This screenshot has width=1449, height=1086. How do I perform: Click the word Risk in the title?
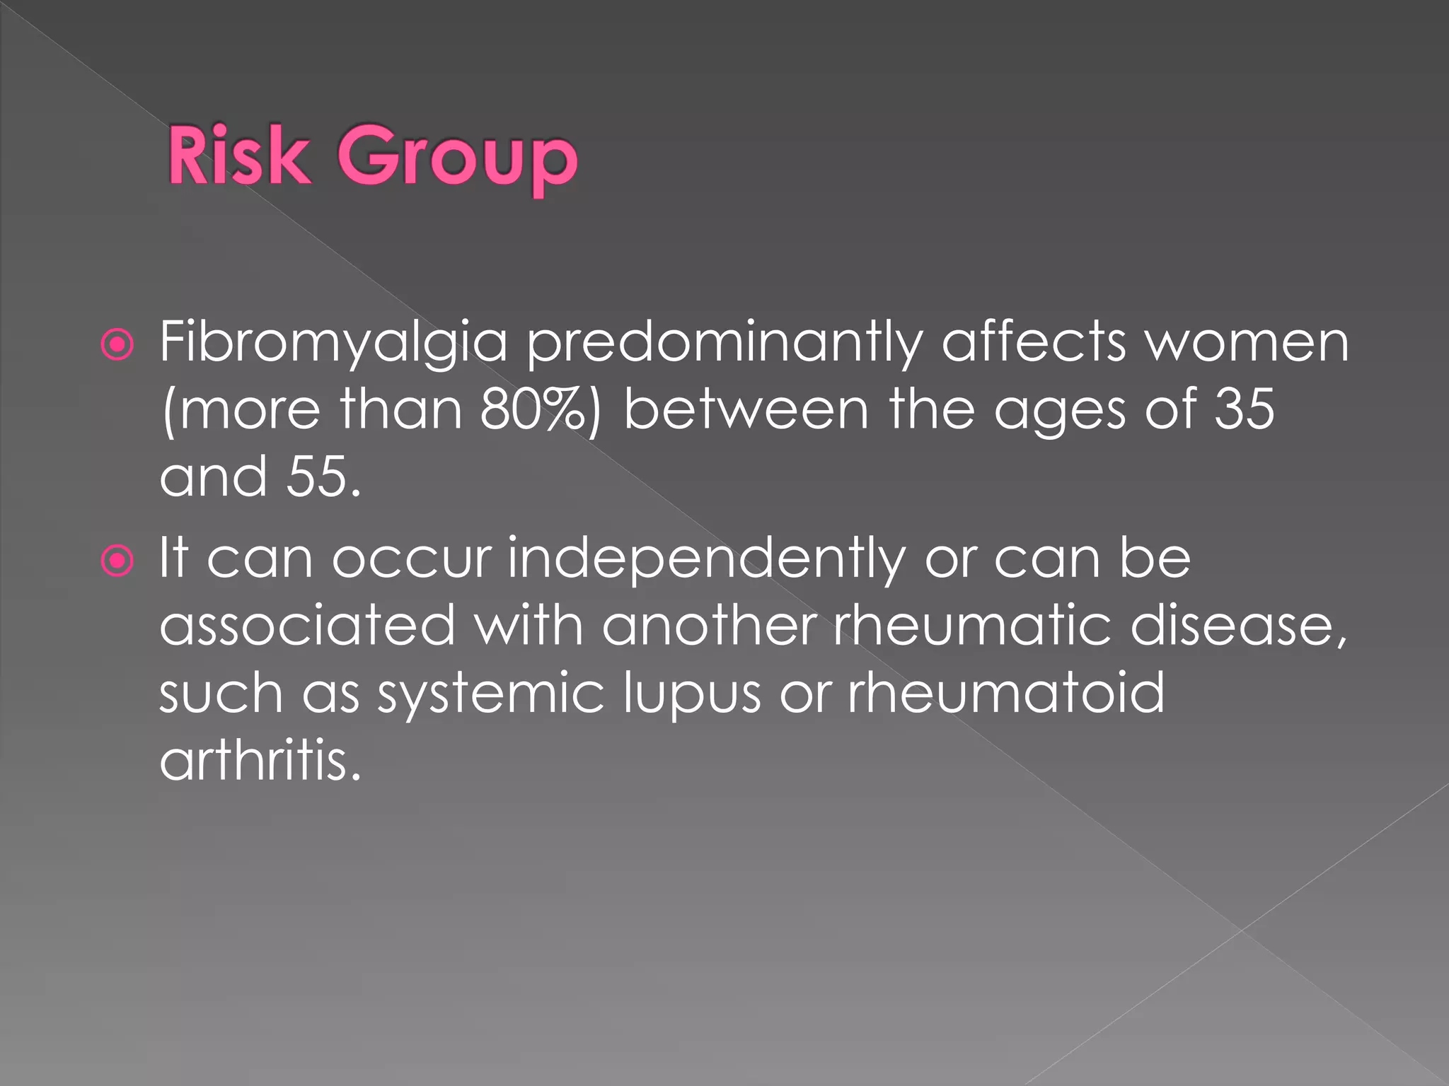(x=239, y=156)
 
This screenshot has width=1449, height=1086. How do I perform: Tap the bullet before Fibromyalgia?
(x=117, y=345)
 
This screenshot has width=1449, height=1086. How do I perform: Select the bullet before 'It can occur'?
(x=117, y=561)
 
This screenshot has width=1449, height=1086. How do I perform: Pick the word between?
(x=746, y=410)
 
